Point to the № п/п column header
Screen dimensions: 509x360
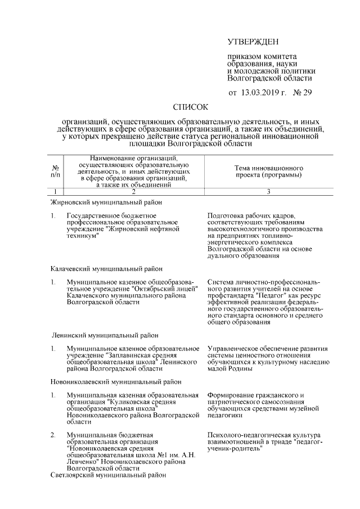[56, 172]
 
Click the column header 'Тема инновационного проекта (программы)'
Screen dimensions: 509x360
[268, 172]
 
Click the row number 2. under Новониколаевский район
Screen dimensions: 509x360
[52, 435]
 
